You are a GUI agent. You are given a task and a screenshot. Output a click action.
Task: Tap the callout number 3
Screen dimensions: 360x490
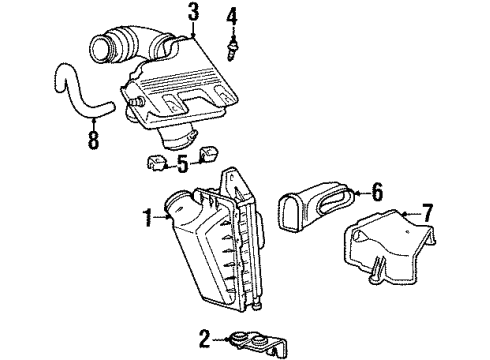pyautogui.click(x=193, y=13)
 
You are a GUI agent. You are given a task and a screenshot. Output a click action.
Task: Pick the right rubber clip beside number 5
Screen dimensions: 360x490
pyautogui.click(x=210, y=154)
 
